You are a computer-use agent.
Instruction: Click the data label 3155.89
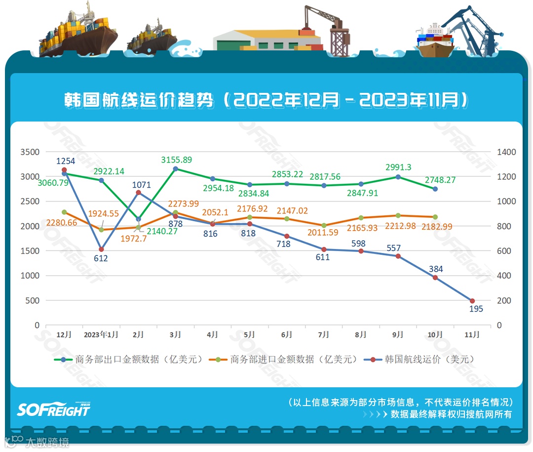tap(176, 160)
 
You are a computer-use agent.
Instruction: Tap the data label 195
tap(476, 309)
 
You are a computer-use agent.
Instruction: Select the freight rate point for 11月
tap(472, 301)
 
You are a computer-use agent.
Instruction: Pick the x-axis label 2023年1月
tap(101, 334)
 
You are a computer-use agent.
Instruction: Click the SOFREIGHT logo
tap(53, 409)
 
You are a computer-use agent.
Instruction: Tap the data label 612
tap(101, 258)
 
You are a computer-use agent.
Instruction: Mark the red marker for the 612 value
tap(101, 249)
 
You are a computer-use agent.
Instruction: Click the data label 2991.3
tap(398, 167)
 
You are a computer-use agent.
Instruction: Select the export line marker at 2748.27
tap(435, 189)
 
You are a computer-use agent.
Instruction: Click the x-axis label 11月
tap(472, 334)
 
